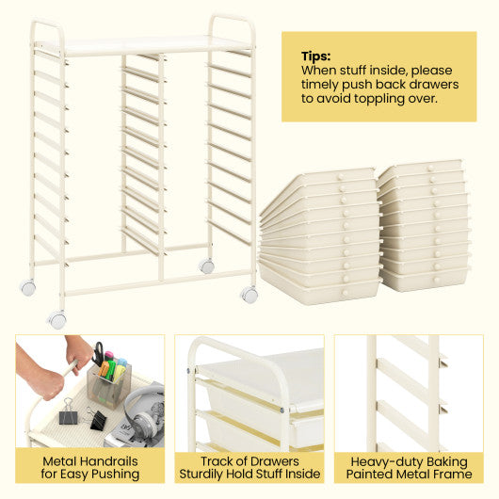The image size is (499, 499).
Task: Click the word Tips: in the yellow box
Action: (x=316, y=56)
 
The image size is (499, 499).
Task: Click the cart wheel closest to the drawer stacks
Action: (x=249, y=295)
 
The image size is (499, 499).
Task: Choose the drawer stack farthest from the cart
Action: (x=424, y=226)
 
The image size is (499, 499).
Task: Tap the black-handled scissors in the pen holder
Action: (x=97, y=354)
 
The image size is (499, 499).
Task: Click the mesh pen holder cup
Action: (x=107, y=385)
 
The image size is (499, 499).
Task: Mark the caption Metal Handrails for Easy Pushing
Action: (x=89, y=466)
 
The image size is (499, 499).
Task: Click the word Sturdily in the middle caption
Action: (x=208, y=474)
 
